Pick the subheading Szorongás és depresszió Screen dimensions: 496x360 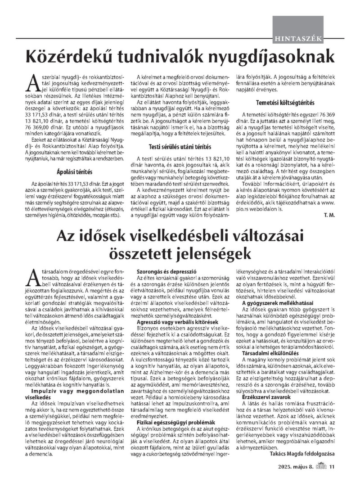(x=161, y=272)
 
